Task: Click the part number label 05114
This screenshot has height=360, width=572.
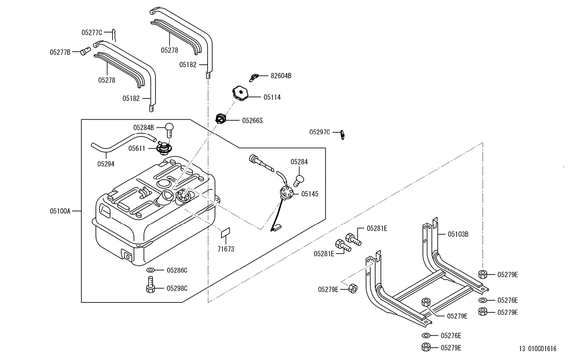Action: [x=272, y=97]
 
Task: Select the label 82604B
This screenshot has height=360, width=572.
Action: [x=281, y=75]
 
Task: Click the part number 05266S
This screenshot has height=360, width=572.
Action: [x=252, y=120]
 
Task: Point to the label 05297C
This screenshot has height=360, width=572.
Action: [x=320, y=132]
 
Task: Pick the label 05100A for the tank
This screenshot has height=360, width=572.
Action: [x=60, y=211]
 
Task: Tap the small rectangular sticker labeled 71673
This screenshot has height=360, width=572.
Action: [x=226, y=232]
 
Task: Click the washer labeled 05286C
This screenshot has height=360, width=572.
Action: [x=151, y=270]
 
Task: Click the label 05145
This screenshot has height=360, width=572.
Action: [x=310, y=194]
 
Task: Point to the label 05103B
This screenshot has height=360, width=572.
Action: [x=458, y=234]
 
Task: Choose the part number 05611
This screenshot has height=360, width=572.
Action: [x=137, y=148]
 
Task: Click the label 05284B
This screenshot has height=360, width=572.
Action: [x=143, y=128]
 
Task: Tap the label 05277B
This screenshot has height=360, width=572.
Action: [x=60, y=52]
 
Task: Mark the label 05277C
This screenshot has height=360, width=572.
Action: [x=92, y=33]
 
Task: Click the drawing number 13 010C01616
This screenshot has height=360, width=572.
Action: [x=537, y=349]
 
